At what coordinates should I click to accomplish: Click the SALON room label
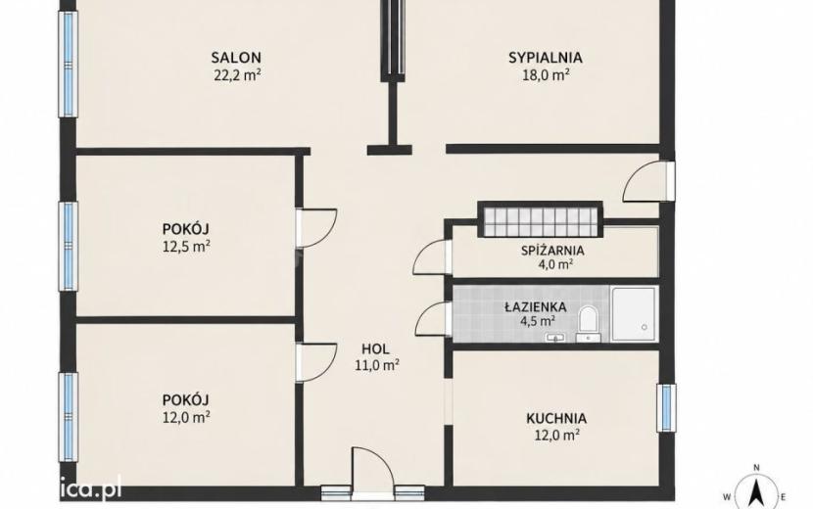click(236, 57)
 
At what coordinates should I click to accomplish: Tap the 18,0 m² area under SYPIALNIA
click(546, 75)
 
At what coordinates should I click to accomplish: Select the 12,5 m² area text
click(186, 247)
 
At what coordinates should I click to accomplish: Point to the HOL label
click(375, 348)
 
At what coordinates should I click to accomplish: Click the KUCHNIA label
click(556, 418)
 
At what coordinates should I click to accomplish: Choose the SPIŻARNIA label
click(552, 251)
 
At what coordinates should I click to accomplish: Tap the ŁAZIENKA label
click(536, 306)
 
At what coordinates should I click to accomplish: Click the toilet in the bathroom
click(588, 323)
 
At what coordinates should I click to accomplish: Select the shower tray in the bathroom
click(634, 313)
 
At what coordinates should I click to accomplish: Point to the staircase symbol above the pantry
click(541, 219)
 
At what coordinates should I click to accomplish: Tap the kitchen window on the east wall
click(666, 407)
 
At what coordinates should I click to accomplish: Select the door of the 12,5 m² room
click(316, 229)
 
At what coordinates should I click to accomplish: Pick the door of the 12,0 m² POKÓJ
click(316, 363)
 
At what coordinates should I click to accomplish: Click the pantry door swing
click(431, 257)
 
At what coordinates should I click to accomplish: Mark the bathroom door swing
click(431, 320)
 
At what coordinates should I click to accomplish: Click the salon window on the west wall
click(68, 65)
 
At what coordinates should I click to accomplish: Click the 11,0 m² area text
click(377, 365)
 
